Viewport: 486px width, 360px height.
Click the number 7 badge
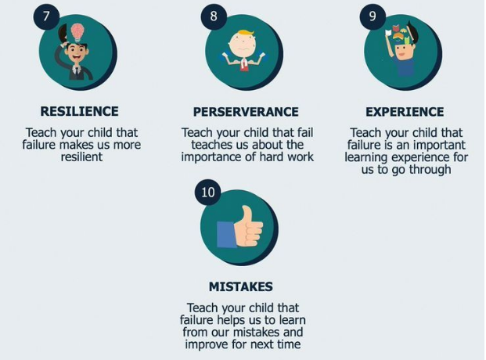pos(46,16)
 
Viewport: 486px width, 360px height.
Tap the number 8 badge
pos(214,16)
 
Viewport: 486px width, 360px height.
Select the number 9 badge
pos(373,16)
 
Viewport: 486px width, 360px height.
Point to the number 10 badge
pos(207,193)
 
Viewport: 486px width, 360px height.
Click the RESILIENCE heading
pos(79,111)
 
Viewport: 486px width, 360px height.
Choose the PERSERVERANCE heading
pos(246,112)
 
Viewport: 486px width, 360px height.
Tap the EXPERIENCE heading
pos(405,112)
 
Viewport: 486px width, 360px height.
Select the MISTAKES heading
pos(241,286)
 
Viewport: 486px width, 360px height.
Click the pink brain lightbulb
pos(77,33)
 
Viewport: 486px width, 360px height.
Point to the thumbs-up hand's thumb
pos(247,215)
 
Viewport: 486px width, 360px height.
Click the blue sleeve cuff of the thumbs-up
pos(227,234)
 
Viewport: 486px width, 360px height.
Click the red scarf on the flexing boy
pos(244,64)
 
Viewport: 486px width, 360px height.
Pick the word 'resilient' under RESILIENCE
pos(81,157)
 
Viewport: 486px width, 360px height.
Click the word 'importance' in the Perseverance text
pos(211,157)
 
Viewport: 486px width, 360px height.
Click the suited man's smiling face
pos(76,55)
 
